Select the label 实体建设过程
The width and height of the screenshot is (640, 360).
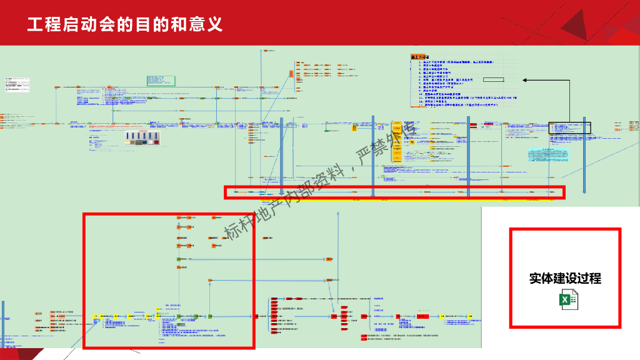(565, 278)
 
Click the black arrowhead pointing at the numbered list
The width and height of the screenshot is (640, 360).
(524, 80)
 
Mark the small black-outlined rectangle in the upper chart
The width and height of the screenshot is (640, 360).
(569, 127)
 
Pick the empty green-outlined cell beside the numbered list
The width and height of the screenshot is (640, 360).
(493, 80)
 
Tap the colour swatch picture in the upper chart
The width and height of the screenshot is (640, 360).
(142, 138)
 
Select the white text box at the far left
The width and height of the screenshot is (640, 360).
(18, 85)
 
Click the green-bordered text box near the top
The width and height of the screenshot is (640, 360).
(161, 80)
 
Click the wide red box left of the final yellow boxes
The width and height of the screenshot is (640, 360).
(423, 317)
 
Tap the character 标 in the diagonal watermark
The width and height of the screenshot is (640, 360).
(233, 231)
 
